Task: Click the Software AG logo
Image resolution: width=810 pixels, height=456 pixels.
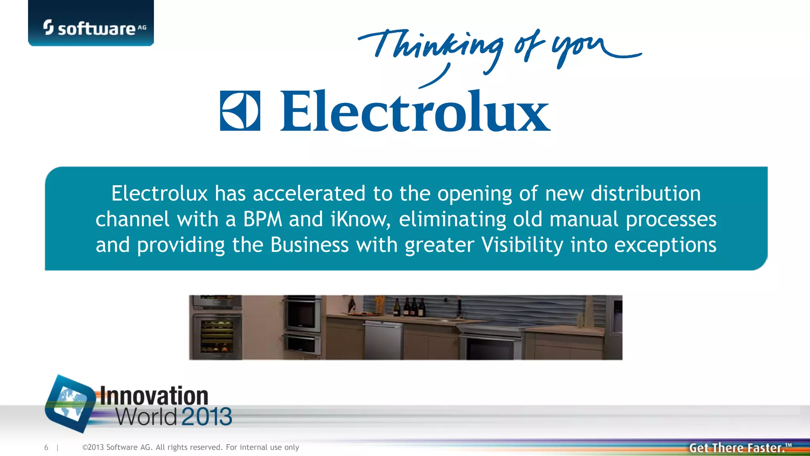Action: point(94,28)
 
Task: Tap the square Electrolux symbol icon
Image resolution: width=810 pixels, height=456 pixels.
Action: point(240,111)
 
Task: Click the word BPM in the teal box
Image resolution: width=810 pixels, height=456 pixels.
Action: point(263,219)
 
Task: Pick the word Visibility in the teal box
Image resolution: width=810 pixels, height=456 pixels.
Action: point(522,245)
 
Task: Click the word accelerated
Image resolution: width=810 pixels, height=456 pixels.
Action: point(309,194)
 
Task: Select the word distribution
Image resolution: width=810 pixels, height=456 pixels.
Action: point(645,194)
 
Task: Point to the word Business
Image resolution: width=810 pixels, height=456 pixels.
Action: point(309,245)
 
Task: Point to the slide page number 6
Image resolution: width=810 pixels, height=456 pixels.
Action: point(46,447)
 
